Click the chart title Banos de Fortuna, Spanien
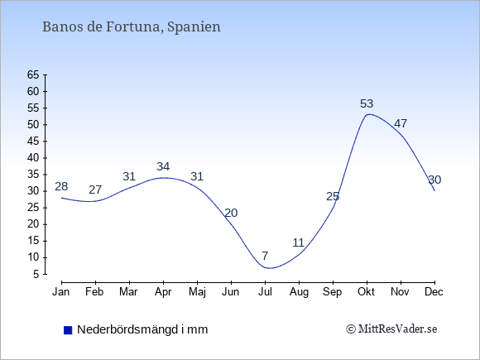[x=132, y=26]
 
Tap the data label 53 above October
[x=367, y=103]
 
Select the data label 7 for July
[x=265, y=255]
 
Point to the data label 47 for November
[x=401, y=123]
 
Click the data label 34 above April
[x=163, y=166]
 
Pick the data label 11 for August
[x=299, y=242]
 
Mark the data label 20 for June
[x=231, y=213]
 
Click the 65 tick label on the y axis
[x=33, y=74]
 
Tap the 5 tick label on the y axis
[x=36, y=274]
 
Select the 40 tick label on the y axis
[x=33, y=158]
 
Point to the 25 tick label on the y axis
[x=33, y=208]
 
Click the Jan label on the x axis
[x=61, y=292]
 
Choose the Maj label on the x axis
[x=197, y=292]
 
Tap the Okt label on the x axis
[x=366, y=292]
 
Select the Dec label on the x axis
[x=434, y=292]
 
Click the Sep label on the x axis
[x=333, y=292]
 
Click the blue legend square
[x=68, y=330]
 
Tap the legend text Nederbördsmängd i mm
[x=142, y=329]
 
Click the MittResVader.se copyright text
[x=391, y=329]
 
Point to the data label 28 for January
[x=61, y=186]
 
